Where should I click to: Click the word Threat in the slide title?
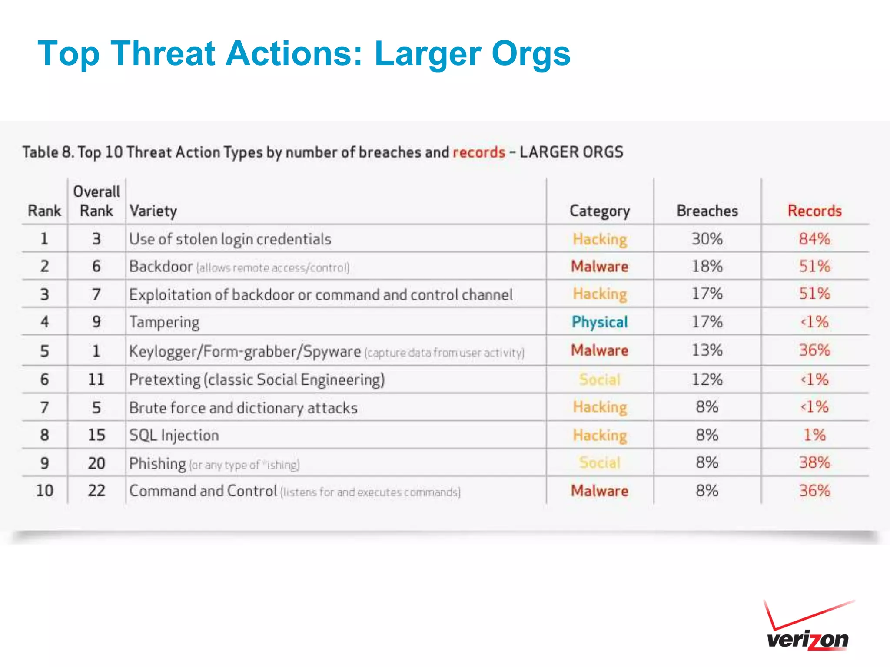coord(163,54)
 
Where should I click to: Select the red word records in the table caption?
coord(479,152)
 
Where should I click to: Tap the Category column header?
coord(600,211)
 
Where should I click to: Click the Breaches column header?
coord(707,211)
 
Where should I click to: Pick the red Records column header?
coord(814,211)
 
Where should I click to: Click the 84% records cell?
coord(814,239)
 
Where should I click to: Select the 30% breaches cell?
coord(707,239)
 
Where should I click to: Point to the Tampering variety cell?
coord(164,322)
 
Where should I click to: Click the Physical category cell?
coord(600,322)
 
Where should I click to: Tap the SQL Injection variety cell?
coord(174,435)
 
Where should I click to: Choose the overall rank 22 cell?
coord(96,491)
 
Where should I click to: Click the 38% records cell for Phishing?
coord(814,462)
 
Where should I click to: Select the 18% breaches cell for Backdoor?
coord(707,266)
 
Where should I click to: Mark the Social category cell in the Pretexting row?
coord(600,380)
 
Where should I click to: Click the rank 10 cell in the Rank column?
coord(44,491)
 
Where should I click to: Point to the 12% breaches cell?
coord(707,380)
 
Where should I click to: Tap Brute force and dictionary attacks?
coord(243,408)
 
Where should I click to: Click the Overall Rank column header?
coord(96,201)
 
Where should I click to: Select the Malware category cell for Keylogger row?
coord(600,350)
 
